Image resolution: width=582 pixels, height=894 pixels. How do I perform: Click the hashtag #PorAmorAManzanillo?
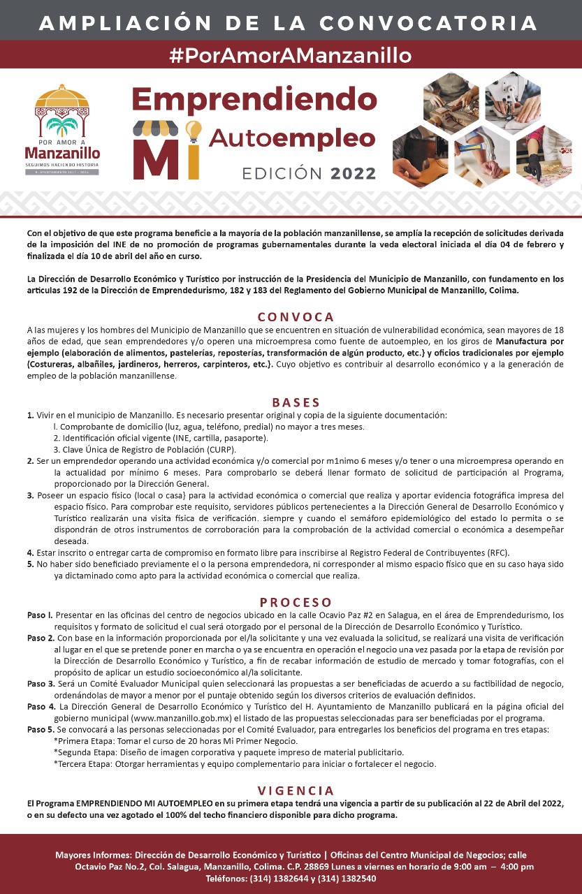point(291,54)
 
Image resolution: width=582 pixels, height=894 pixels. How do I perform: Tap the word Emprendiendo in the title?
point(254,99)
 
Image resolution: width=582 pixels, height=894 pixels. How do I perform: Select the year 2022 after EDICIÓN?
point(354,173)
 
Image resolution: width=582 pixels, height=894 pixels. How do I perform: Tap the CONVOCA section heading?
point(296,316)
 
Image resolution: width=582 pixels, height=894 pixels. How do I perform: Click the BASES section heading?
point(296,402)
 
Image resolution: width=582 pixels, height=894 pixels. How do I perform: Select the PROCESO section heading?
point(295,602)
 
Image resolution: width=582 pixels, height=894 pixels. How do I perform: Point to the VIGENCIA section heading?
point(296,791)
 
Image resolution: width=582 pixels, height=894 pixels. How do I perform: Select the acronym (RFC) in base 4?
point(497,552)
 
